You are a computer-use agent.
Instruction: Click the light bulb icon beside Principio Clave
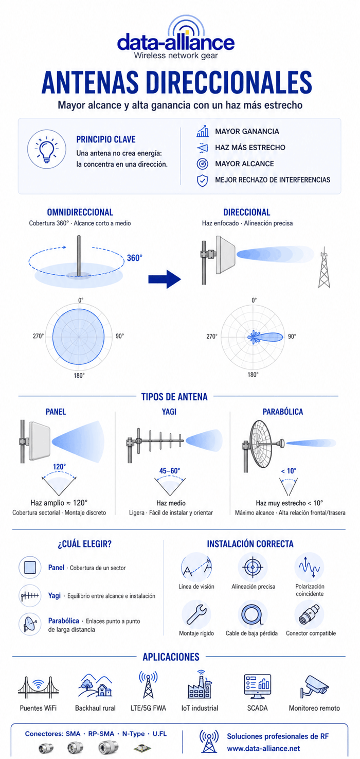point(46,149)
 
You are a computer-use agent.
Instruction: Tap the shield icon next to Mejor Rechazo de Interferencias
point(202,180)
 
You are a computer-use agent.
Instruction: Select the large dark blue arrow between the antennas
point(165,279)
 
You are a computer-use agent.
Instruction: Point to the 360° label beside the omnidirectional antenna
point(134,258)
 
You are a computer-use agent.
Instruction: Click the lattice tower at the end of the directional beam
point(324,268)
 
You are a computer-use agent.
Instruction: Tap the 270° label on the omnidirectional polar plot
point(38,336)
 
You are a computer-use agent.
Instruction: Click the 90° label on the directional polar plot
point(292,336)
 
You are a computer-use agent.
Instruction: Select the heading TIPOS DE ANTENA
point(174,397)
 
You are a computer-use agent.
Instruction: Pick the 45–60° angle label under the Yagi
point(170,471)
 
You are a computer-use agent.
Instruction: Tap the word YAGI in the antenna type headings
point(169,412)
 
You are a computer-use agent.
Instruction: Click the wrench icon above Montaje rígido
point(196,614)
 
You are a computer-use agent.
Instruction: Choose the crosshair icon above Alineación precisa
point(253,567)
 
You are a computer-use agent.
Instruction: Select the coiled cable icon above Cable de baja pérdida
point(252,614)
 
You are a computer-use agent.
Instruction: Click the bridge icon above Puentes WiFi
point(38,687)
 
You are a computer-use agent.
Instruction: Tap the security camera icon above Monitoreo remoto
point(314,686)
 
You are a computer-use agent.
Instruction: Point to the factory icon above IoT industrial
point(200,684)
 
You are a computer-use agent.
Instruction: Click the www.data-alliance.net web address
point(263,748)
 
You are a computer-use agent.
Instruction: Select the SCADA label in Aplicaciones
point(257,708)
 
